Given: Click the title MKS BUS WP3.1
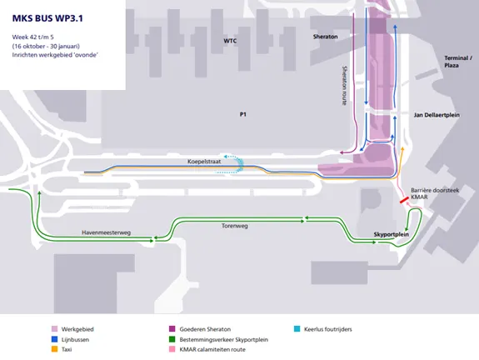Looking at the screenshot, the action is (47, 18).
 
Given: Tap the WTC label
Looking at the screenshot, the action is (230, 41).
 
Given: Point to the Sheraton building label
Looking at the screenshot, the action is (326, 37).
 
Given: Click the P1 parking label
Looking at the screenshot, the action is (243, 114).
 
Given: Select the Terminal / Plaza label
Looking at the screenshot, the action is (458, 62).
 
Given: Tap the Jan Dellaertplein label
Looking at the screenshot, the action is (437, 115).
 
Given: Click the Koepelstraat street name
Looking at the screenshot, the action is (204, 162).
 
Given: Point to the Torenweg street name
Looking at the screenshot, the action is (235, 226).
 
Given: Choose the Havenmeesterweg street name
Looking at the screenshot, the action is (106, 232).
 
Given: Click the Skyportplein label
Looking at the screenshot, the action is (392, 234).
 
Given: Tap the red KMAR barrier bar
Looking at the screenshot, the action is (405, 200).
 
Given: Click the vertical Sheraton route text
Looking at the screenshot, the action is (345, 86).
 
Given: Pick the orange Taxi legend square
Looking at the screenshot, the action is (54, 349).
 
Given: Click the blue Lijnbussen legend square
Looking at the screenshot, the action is (54, 339).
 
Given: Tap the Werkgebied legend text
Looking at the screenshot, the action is (77, 329).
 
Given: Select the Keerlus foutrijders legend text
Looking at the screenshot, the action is (328, 329).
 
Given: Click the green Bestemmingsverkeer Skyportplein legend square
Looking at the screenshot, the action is (172, 339).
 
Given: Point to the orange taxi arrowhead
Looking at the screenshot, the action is (402, 149).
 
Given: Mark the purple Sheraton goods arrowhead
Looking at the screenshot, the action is (342, 152).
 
